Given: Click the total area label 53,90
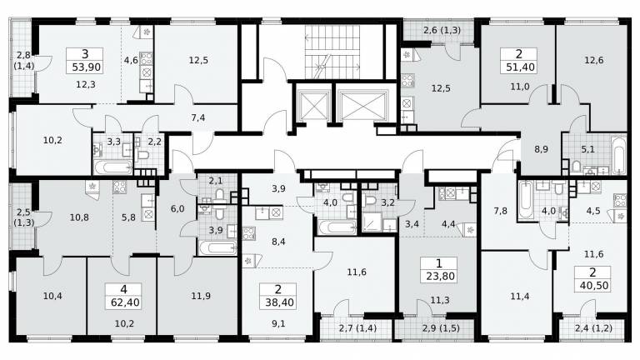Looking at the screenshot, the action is [x=86, y=67].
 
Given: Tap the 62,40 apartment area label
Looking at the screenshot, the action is [x=125, y=302].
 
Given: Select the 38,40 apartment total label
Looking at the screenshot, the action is [x=279, y=302].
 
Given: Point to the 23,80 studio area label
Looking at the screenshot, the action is [x=440, y=277].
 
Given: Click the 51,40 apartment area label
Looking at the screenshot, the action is [x=520, y=67].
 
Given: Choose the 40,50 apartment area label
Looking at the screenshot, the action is [x=594, y=285].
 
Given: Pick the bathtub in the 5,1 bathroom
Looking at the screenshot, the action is [x=617, y=155].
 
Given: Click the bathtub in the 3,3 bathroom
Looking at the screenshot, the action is [x=112, y=167].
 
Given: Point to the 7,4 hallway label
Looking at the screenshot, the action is [x=198, y=118].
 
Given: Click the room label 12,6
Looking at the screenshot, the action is [x=593, y=60].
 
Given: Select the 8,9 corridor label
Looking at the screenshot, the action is [x=541, y=149].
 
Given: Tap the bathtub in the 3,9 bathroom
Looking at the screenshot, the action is [x=218, y=247].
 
